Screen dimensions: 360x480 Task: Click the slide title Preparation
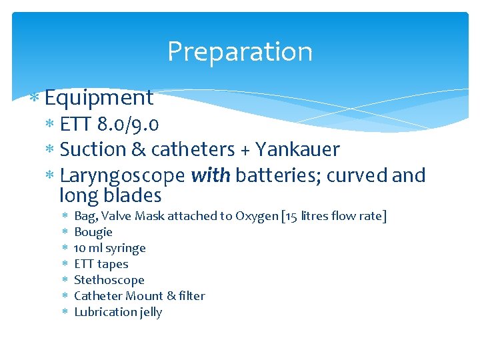[239, 52]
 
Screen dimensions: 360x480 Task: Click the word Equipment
[99, 98]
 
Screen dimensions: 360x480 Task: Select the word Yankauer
[298, 149]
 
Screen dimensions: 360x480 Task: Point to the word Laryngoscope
[122, 176]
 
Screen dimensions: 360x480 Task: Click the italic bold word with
[210, 175]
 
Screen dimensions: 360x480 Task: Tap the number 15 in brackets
[293, 216]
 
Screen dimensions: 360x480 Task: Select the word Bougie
[93, 232]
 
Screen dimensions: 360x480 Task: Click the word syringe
[125, 248]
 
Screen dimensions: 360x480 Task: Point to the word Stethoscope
[109, 280]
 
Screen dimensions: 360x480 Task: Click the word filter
[191, 296]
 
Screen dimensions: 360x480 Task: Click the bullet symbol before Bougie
[64, 233]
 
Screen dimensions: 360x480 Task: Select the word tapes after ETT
[113, 264]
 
